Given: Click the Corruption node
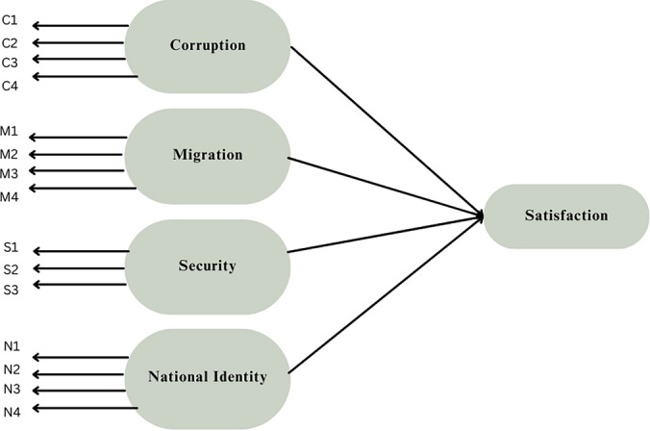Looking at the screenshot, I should point(208,45).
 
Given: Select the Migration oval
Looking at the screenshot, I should point(208,155).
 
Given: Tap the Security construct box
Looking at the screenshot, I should point(208,266).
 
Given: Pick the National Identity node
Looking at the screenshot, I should point(208,376).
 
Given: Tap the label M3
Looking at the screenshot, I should point(9,174).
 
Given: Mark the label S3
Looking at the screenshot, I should point(11,289).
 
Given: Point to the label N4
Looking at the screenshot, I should point(11,412).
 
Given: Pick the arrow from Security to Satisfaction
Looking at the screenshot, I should point(385,236).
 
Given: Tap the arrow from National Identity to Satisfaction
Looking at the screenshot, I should point(385,294).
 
